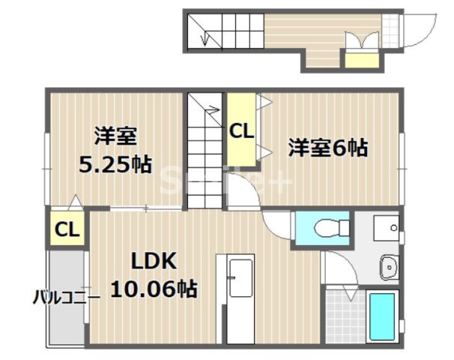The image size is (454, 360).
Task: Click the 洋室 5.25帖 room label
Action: [115, 149]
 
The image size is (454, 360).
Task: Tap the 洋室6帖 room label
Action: [328, 148]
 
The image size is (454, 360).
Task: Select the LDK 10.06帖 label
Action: [154, 274]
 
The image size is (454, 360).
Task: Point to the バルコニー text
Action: [65, 297]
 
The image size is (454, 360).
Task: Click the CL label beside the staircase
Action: [241, 131]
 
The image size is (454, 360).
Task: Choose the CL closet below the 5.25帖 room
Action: [67, 229]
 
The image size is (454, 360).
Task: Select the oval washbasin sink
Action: [389, 265]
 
